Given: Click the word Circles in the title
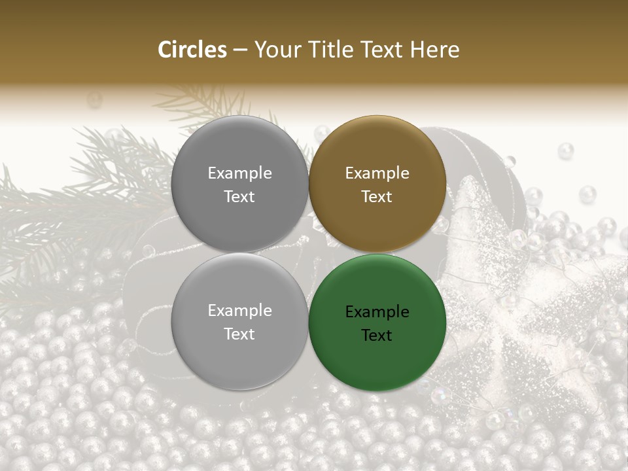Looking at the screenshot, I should tap(192, 50).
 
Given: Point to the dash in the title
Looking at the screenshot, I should tap(240, 50).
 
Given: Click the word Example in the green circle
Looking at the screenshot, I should tap(377, 312).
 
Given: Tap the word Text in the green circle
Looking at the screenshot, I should tap(377, 336).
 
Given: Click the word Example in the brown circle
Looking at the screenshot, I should tap(377, 173).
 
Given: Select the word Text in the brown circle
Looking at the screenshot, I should tap(377, 197).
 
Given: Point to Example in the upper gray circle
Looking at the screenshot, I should tap(239, 173).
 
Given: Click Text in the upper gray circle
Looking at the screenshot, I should tap(239, 197).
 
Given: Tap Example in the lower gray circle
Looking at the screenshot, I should tap(239, 311).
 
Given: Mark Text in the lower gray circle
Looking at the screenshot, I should tap(239, 334).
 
